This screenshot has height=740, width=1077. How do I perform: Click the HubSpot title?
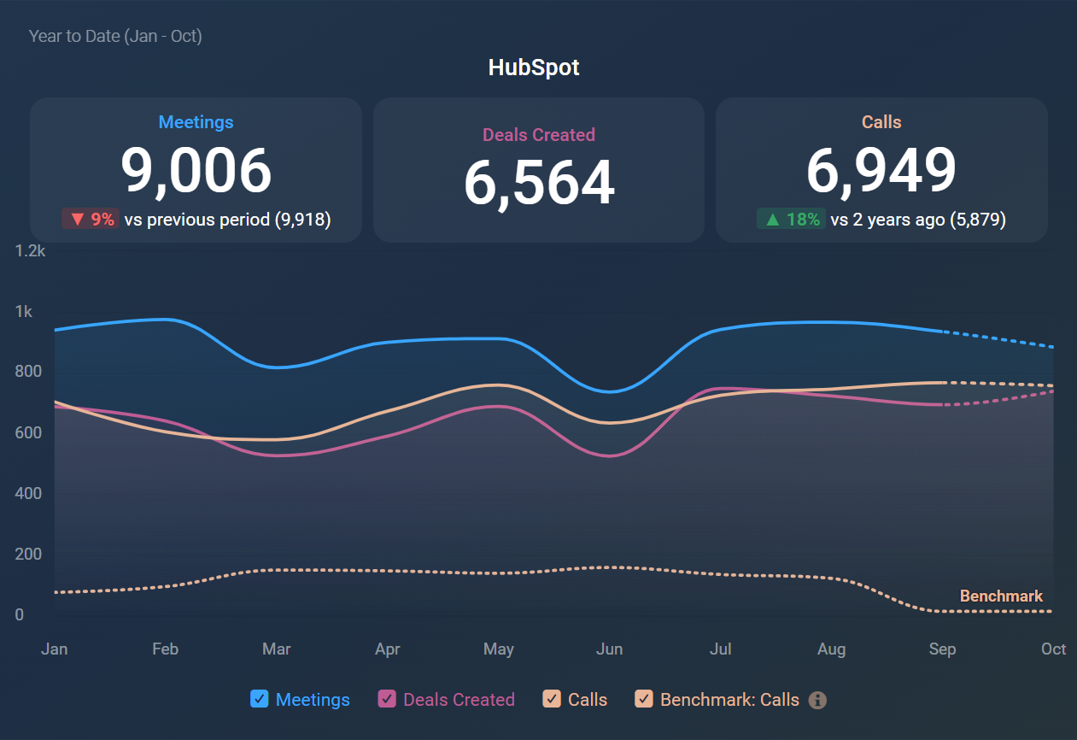534,68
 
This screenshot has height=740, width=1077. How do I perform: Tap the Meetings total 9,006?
196,171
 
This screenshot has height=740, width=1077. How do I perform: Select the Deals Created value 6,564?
539,183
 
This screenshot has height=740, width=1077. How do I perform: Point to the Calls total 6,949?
881,171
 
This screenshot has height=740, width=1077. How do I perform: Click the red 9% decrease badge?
90,220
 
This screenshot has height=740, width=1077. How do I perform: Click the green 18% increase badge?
791,220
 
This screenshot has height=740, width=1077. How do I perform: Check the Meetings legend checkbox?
260,699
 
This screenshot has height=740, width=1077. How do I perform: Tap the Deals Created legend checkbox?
387,699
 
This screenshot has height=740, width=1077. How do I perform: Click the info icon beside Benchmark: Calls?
817,700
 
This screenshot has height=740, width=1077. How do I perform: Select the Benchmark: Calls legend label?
729,700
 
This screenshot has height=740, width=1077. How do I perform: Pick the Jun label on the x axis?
609,649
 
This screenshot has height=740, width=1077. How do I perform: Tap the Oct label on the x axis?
1053,649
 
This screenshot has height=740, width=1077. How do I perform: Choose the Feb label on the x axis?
165,649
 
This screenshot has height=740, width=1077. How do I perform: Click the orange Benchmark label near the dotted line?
1001,596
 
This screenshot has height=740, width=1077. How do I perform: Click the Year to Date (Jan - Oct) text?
115,36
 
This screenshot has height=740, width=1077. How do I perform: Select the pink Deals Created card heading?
539,135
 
